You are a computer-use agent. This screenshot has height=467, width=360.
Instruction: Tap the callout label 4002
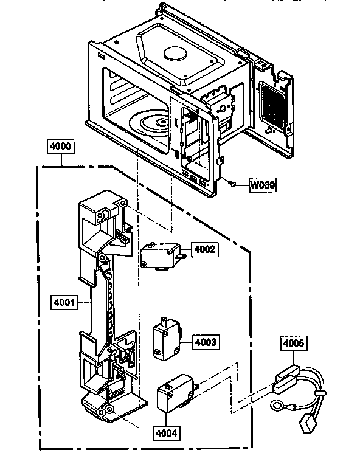[204, 249]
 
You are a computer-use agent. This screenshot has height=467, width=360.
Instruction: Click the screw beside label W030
[233, 182]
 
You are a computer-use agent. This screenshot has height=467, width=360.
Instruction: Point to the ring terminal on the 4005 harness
[276, 406]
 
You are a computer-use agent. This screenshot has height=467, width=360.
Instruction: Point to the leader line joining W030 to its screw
[241, 184]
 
